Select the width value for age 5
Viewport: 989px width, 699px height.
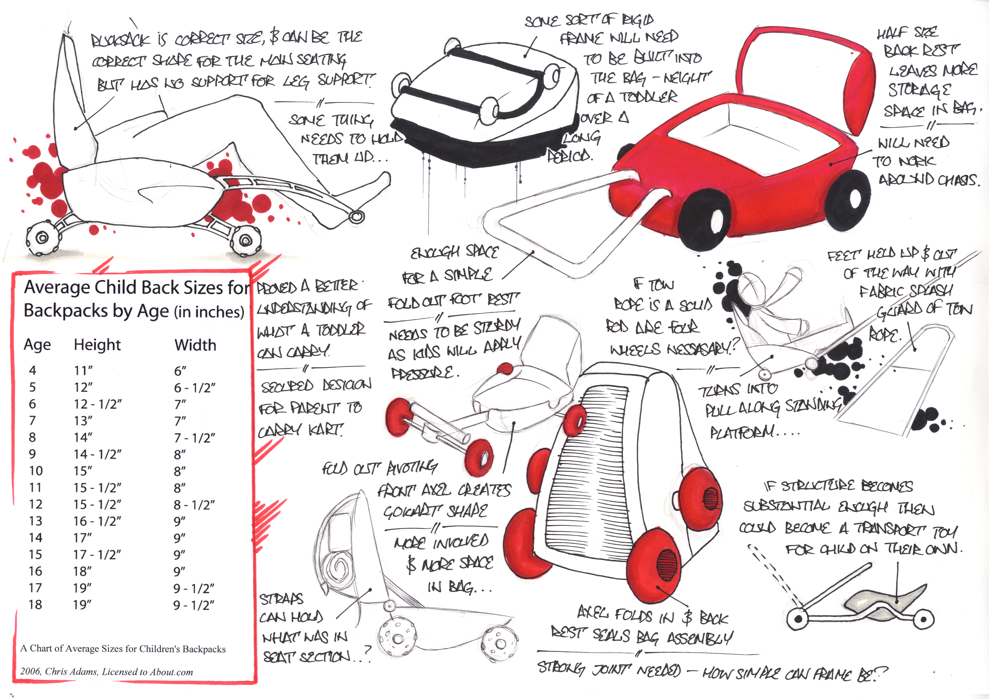(194, 388)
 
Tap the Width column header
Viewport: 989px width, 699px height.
(195, 345)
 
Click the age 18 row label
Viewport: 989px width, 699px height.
(35, 604)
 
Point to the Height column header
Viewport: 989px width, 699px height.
(97, 345)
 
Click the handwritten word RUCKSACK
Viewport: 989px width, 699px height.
(120, 41)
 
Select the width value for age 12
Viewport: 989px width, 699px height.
(194, 504)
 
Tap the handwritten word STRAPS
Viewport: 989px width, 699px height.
(281, 599)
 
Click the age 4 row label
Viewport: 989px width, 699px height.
(33, 370)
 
